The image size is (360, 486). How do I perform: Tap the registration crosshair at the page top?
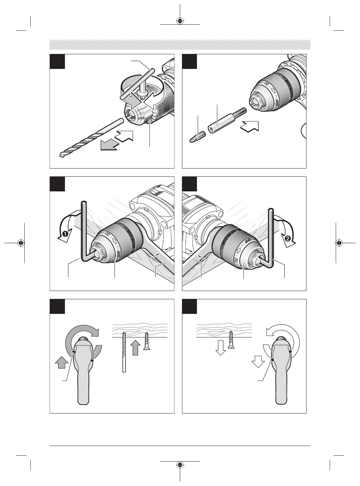pos(180,21)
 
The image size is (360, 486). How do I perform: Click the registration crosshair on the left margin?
pos(21,243)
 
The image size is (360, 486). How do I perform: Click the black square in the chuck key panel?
pos(57,61)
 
